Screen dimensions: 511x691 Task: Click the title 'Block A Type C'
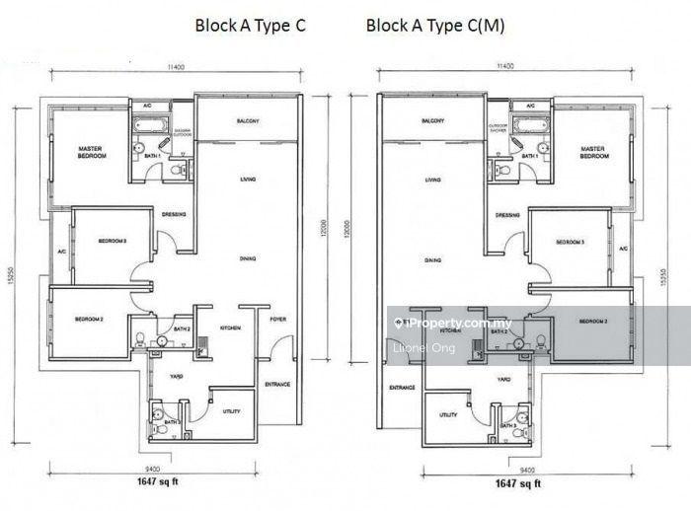coord(250,27)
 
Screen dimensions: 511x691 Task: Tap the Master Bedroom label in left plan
coord(91,152)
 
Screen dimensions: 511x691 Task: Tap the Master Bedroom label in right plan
coord(593,152)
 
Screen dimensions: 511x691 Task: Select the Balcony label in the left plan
coord(247,121)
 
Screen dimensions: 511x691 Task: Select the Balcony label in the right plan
coord(431,121)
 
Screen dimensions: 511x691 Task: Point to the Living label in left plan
coord(247,180)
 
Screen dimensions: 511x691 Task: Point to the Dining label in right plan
coord(432,260)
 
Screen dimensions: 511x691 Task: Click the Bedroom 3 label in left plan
coord(112,242)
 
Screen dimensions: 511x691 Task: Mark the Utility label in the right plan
coord(448,415)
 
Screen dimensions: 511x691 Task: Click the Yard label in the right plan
coord(503,379)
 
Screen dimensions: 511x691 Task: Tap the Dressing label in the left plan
coord(175,215)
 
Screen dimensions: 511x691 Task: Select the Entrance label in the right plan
coord(402,387)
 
